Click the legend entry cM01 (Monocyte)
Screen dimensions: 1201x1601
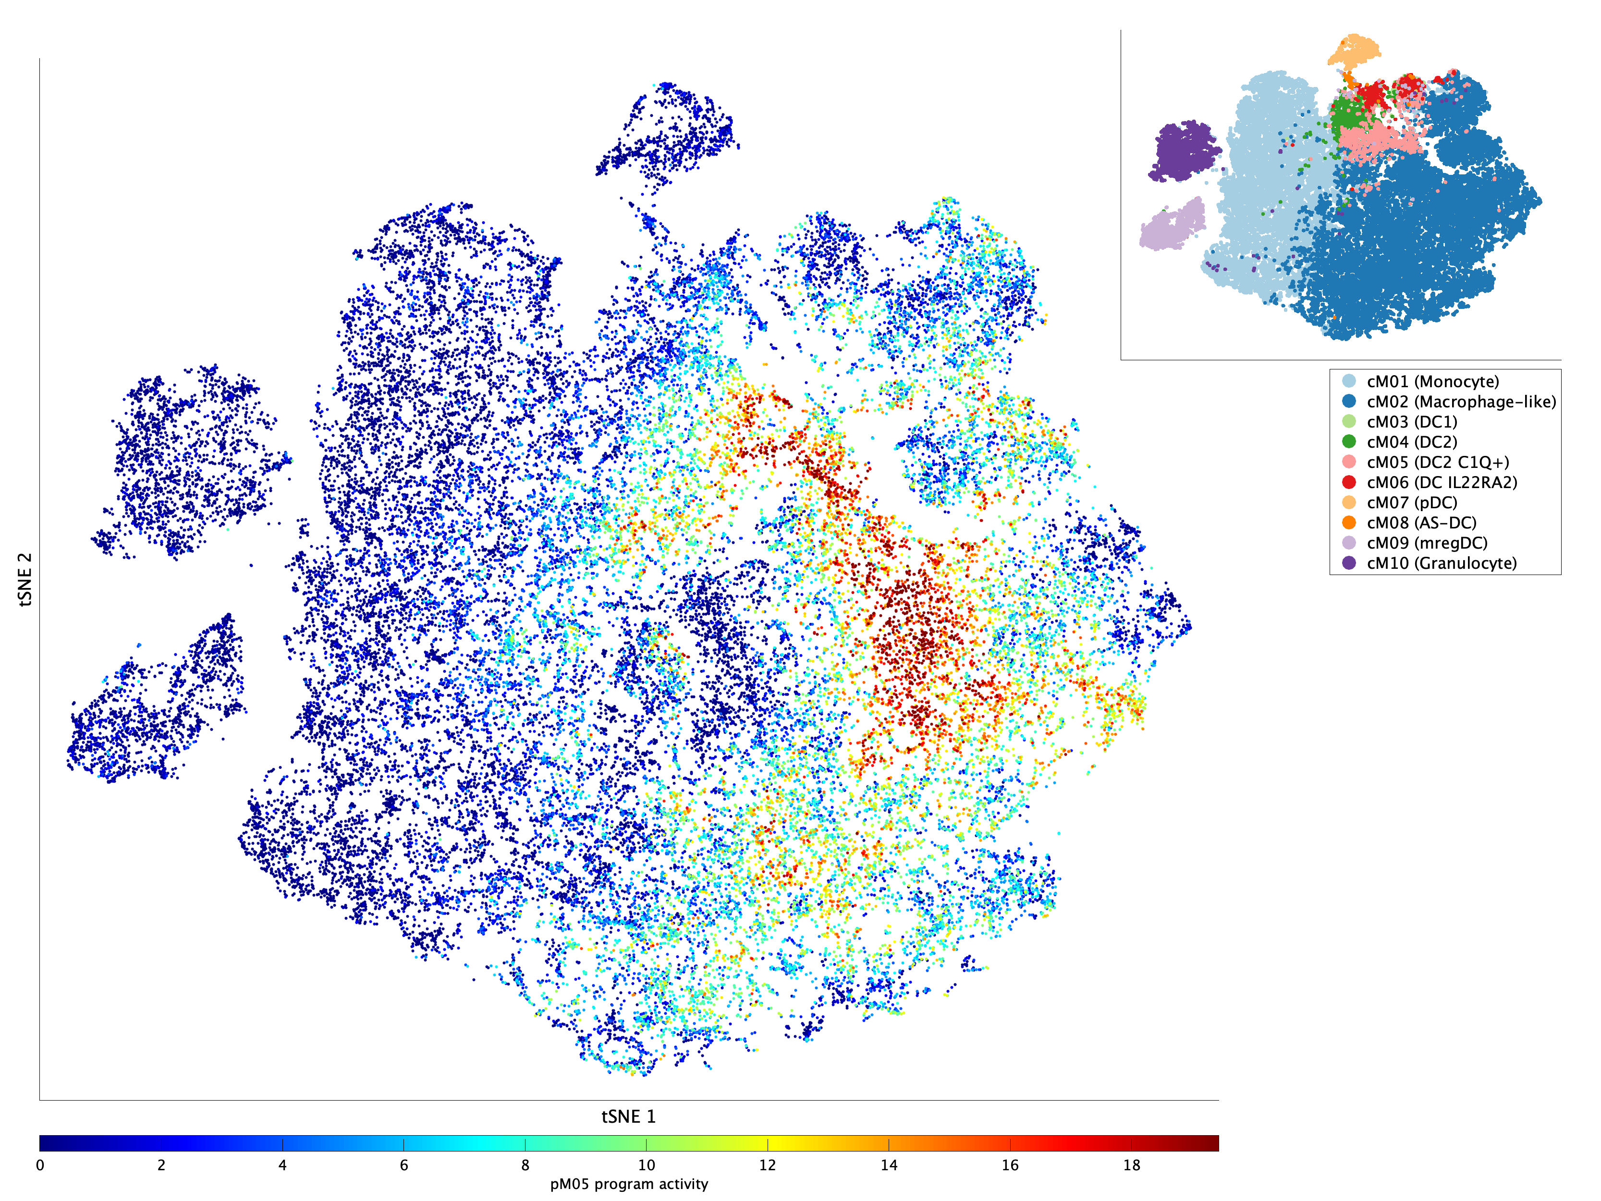point(1432,381)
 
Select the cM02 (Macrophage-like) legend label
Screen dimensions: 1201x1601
point(1461,402)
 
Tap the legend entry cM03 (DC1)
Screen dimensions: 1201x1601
point(1411,422)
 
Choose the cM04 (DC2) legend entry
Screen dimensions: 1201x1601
point(1411,442)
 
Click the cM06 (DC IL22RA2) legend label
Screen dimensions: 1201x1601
point(1441,482)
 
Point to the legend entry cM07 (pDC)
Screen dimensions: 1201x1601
point(1411,502)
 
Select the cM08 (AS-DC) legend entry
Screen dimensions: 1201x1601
point(1421,523)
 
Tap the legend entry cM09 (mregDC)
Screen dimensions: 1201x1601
point(1427,543)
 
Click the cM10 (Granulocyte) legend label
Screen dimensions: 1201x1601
point(1441,563)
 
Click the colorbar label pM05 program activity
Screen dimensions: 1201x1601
point(628,1184)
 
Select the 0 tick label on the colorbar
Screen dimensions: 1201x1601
point(40,1165)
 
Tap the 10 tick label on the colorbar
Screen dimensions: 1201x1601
point(647,1165)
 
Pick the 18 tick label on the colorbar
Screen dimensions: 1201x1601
point(1131,1165)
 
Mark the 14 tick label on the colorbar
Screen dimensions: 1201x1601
point(889,1165)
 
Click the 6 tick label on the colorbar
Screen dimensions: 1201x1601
point(404,1165)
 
